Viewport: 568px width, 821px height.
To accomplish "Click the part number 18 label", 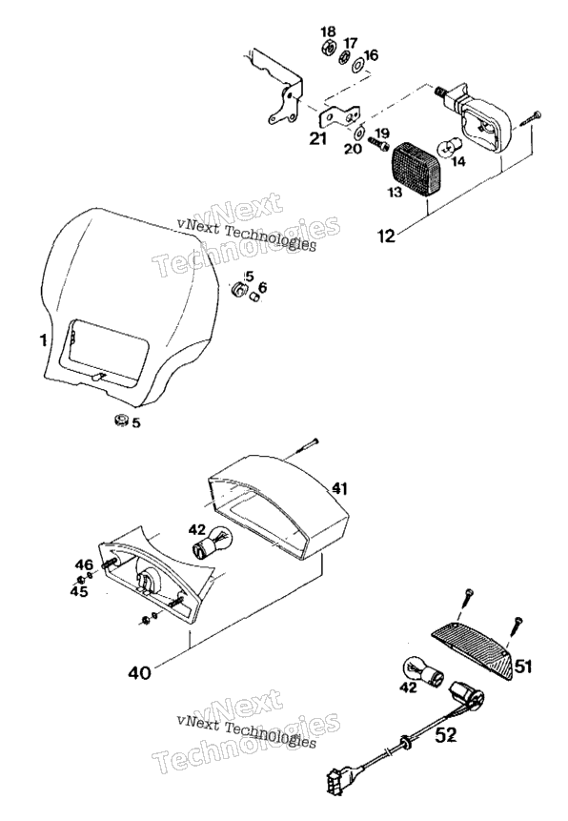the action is click(328, 31).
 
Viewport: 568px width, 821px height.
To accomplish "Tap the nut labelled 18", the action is click(328, 48).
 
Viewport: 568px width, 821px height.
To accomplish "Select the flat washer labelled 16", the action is click(358, 66).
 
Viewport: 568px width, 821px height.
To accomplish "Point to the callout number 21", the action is click(317, 139).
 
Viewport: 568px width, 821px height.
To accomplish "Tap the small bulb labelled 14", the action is click(445, 148).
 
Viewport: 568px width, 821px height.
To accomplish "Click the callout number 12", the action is click(386, 236).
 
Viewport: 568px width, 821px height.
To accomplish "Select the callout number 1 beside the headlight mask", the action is click(43, 340).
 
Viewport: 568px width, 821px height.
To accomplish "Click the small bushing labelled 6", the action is click(254, 297).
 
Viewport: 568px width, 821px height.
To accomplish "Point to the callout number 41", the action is click(340, 489).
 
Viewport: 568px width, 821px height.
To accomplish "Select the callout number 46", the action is click(84, 564).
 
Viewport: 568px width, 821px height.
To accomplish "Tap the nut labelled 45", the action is click(81, 580).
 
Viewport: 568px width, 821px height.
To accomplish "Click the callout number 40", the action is click(139, 672).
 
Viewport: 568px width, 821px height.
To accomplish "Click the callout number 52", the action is click(446, 735).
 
